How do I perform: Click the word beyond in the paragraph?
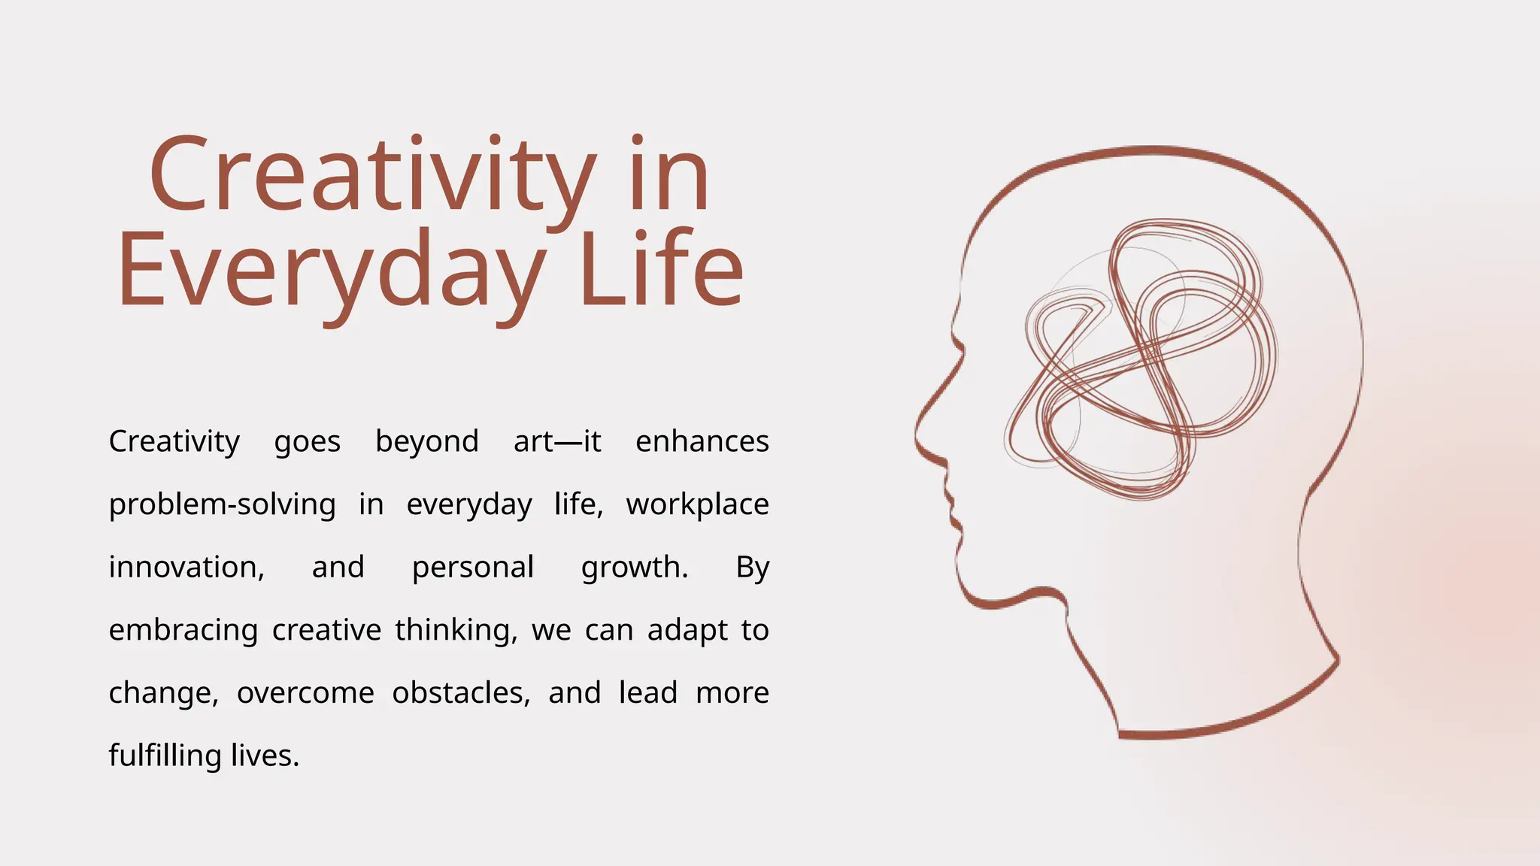click(x=426, y=442)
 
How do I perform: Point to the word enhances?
click(x=702, y=441)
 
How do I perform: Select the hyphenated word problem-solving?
click(x=222, y=505)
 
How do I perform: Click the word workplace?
click(x=697, y=505)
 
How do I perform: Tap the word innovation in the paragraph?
click(x=186, y=568)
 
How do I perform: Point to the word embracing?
click(x=183, y=631)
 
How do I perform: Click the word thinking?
click(x=456, y=631)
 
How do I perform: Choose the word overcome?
click(x=305, y=693)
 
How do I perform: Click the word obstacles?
click(x=460, y=693)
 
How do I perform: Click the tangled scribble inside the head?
click(x=1143, y=361)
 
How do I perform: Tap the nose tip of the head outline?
click(x=917, y=436)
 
